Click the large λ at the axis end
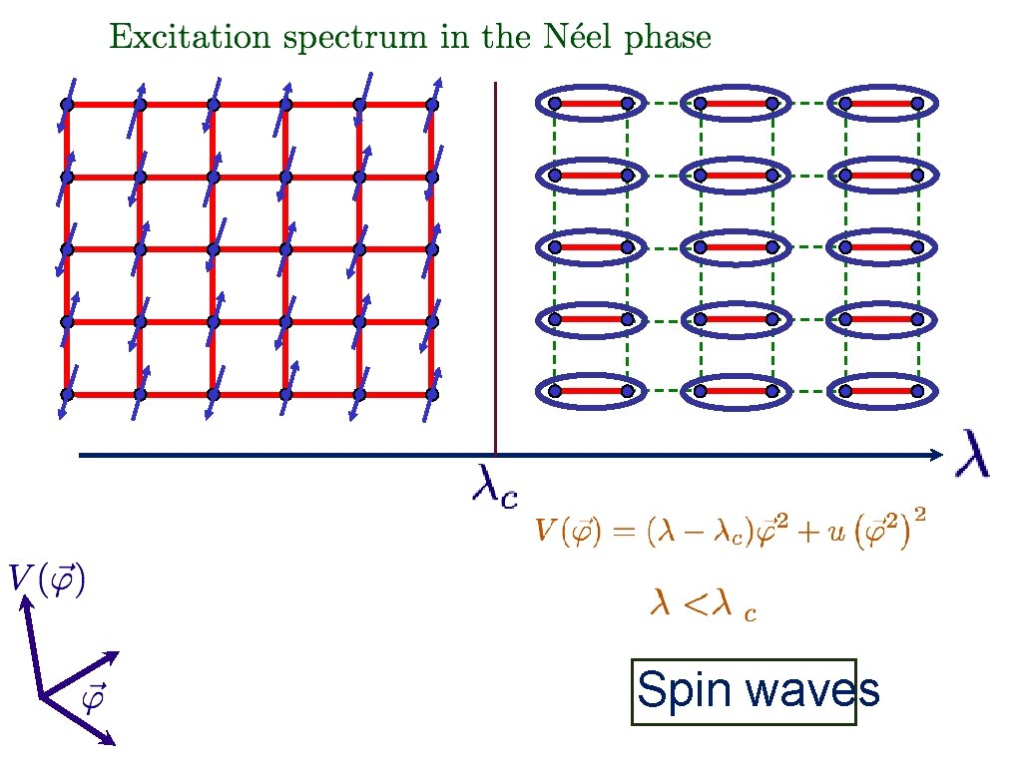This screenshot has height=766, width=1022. (973, 453)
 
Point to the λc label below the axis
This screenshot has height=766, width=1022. (493, 486)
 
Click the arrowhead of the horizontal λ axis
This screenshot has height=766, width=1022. (936, 456)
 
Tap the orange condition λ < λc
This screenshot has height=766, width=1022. (703, 604)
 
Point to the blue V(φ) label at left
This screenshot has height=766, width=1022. (47, 578)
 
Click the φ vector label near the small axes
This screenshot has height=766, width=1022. (93, 699)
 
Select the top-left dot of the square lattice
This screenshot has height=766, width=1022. (67, 104)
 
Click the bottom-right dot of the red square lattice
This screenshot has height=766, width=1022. (432, 394)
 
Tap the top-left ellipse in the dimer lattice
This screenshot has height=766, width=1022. (590, 103)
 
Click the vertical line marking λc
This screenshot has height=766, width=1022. (496, 269)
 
